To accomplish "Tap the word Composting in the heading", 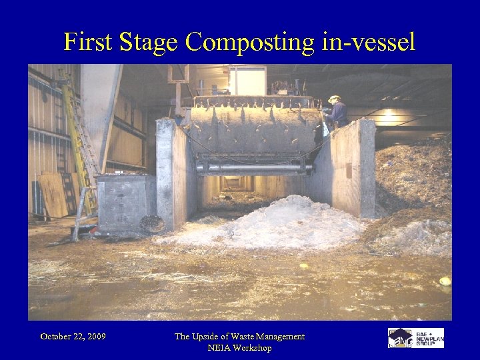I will [x=249, y=43].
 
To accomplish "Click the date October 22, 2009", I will [x=73, y=337].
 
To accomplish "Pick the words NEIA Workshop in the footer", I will [x=239, y=348].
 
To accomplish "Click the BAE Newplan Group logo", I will [x=416, y=337].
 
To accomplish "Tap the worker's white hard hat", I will [x=333, y=99].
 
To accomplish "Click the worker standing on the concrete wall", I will [x=336, y=111].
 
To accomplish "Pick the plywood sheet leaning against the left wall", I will [x=53, y=194].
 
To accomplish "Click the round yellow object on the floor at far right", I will [x=445, y=281].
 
